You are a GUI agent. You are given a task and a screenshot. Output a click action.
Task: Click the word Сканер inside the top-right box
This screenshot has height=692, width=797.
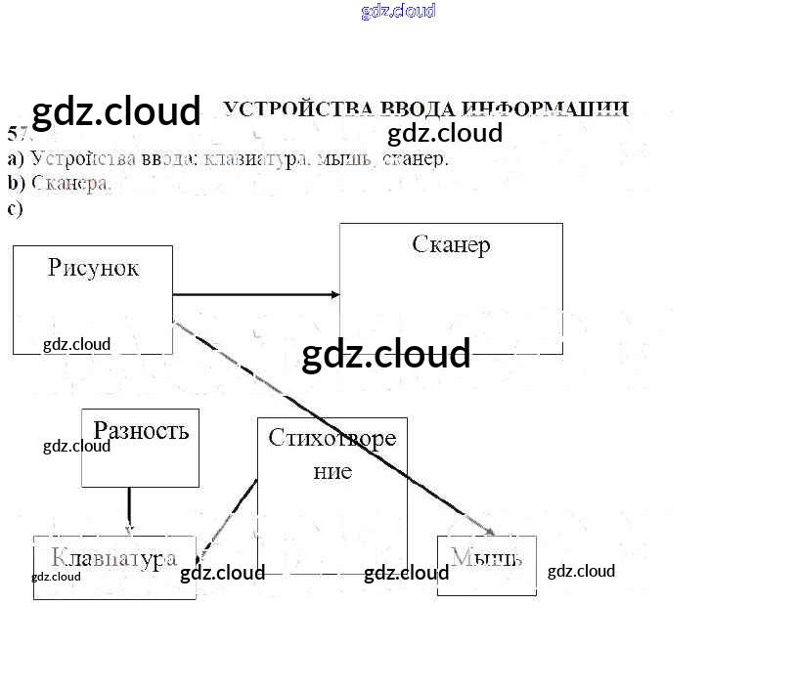(451, 244)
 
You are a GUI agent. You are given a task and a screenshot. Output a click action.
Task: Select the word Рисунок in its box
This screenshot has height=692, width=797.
(93, 268)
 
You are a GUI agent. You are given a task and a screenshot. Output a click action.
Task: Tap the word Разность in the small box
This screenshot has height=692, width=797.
(141, 430)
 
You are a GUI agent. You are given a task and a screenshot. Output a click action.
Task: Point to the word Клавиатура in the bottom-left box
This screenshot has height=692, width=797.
(113, 558)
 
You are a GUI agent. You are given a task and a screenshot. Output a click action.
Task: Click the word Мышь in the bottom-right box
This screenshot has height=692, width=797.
(486, 557)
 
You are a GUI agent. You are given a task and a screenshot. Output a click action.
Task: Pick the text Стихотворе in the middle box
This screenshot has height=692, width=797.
(332, 437)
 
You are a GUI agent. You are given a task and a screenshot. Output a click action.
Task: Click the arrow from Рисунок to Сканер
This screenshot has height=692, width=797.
(256, 294)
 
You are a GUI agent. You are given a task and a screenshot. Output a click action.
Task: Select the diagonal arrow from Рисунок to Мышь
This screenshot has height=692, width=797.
(332, 420)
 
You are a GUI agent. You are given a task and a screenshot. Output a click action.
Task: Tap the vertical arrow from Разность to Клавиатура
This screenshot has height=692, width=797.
(129, 509)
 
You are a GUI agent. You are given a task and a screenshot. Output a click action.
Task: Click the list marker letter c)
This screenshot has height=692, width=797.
(15, 207)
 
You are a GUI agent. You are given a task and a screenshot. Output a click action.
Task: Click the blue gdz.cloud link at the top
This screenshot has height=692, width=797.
(398, 12)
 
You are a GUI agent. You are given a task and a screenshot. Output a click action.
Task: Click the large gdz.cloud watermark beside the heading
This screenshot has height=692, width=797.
(115, 112)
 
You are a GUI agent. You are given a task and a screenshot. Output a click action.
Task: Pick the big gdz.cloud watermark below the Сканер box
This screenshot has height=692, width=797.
(386, 354)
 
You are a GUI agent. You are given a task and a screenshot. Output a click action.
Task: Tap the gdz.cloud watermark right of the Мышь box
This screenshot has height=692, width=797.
(581, 572)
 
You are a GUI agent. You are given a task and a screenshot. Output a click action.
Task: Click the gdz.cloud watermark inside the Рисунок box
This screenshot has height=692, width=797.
(76, 344)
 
